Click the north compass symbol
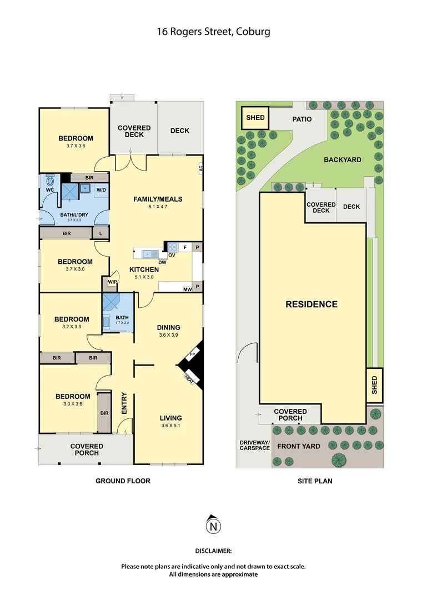click(213, 524)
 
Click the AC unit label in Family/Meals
click(200, 168)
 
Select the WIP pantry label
click(112, 282)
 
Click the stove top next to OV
click(173, 247)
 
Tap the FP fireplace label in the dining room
click(193, 354)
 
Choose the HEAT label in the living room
click(189, 379)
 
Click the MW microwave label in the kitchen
click(188, 289)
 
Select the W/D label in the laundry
click(101, 190)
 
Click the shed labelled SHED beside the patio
click(255, 118)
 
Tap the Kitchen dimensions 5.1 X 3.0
click(144, 277)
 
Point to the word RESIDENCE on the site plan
click(312, 304)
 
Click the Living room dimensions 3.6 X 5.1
click(170, 426)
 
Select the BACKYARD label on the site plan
click(343, 160)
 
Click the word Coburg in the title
click(253, 31)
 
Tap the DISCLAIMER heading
click(213, 551)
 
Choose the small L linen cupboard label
click(101, 233)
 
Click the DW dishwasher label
click(162, 262)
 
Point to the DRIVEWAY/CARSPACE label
click(255, 445)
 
